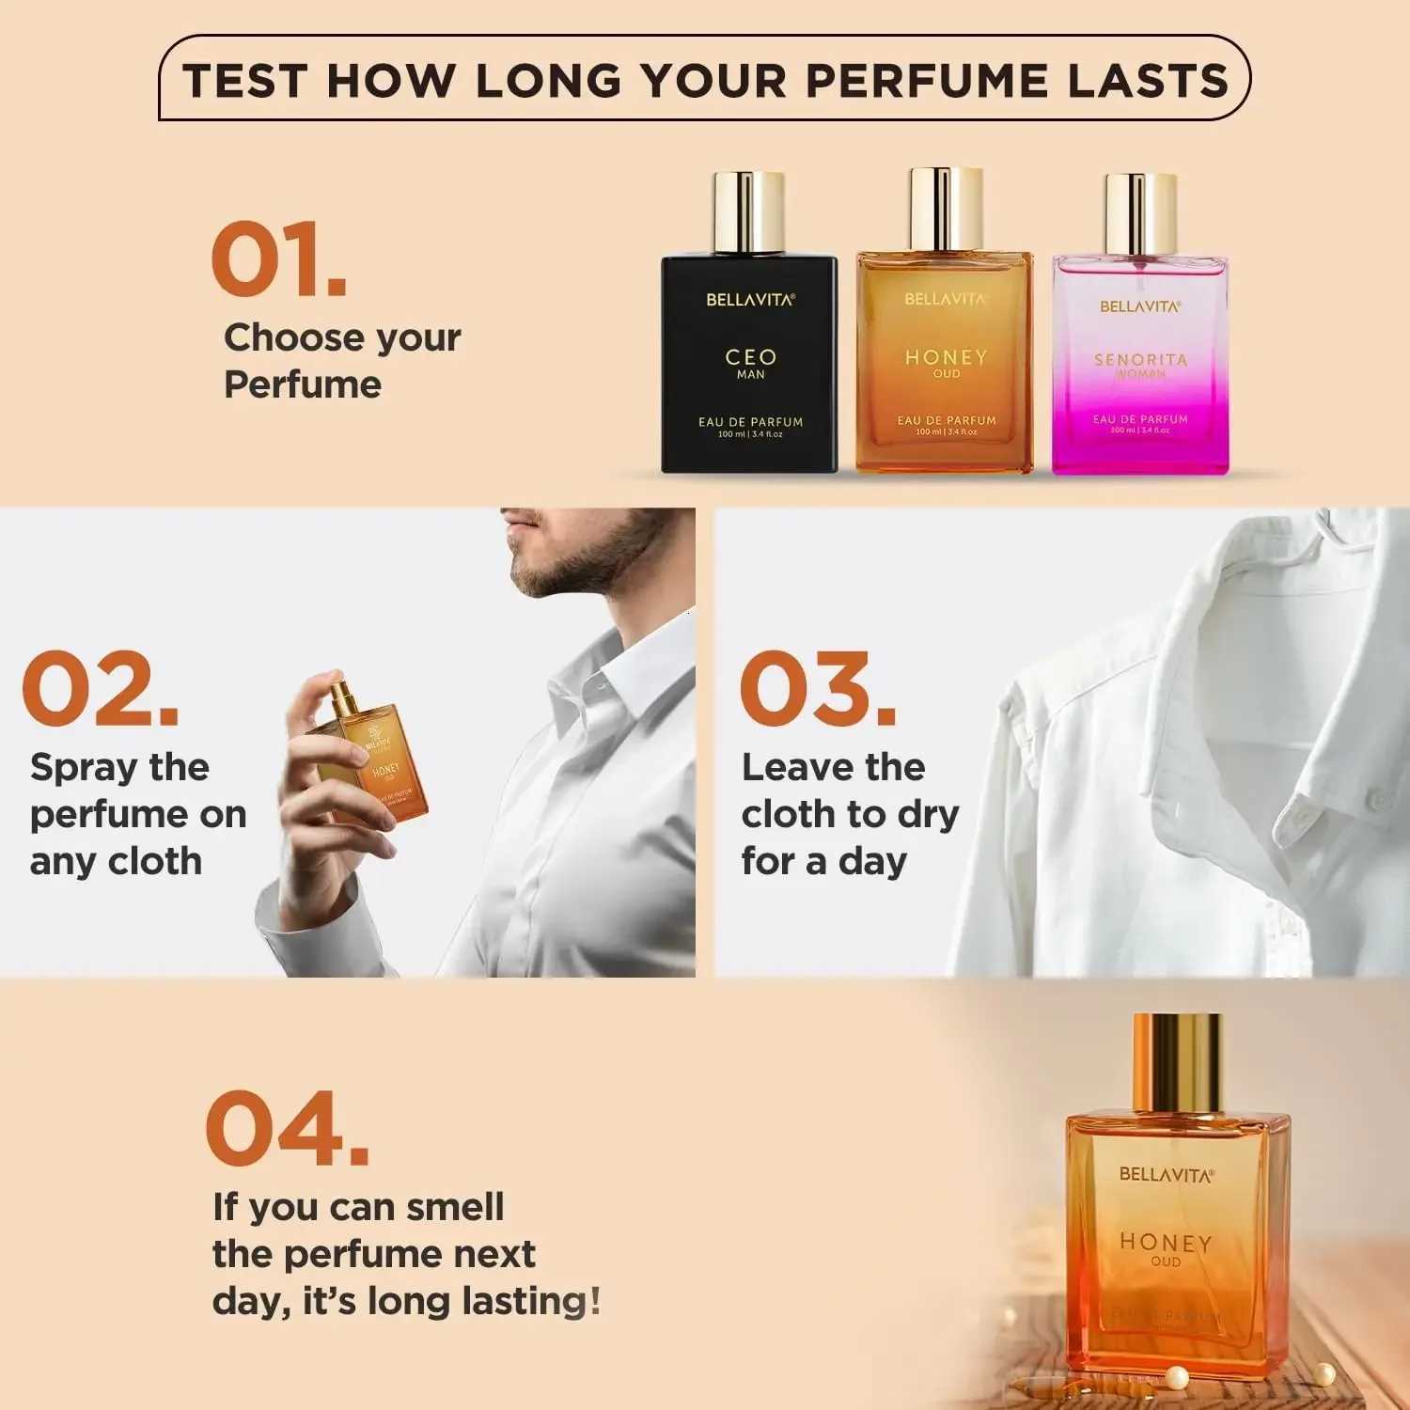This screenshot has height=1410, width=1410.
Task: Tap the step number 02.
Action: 100,688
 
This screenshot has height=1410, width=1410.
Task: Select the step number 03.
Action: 818,688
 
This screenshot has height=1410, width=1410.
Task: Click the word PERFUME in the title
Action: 926,80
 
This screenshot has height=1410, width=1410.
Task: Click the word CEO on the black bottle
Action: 750,357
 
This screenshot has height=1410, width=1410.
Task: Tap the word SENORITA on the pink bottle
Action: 1140,359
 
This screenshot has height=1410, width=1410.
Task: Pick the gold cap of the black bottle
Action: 748,211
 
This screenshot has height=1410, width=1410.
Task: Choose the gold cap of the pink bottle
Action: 1140,214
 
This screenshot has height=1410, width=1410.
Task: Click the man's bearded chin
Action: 550,573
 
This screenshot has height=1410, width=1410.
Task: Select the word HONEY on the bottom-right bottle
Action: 1166,1242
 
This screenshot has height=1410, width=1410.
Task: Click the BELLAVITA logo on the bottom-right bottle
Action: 1166,1174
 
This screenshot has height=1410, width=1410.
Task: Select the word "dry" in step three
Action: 928,815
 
